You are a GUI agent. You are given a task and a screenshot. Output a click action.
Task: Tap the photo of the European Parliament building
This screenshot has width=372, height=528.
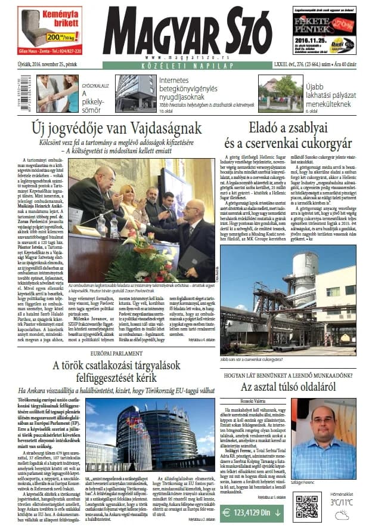[150, 430]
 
